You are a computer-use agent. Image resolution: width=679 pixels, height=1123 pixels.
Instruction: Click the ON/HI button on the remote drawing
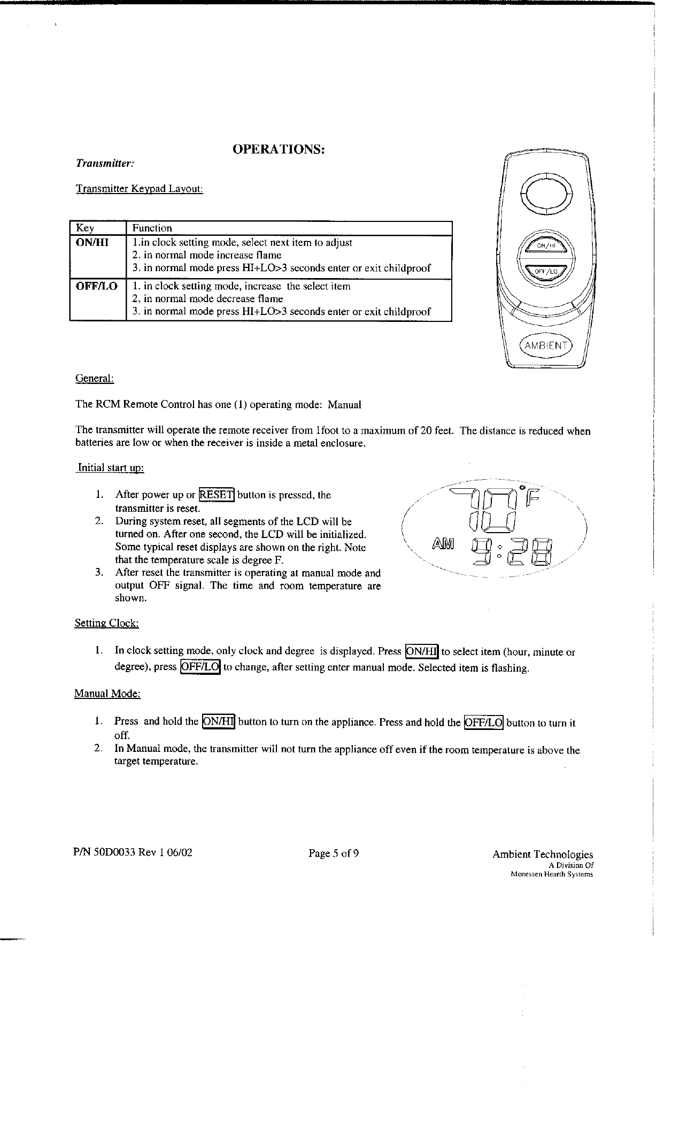pyautogui.click(x=546, y=245)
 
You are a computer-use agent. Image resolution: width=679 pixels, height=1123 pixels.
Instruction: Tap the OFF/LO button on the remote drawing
pyautogui.click(x=546, y=271)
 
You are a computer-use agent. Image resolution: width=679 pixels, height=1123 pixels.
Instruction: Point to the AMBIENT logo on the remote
pyautogui.click(x=546, y=345)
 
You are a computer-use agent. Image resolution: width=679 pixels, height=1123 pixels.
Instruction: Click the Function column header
pyautogui.click(x=152, y=228)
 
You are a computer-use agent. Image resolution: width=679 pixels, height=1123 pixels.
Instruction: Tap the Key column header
pyautogui.click(x=86, y=228)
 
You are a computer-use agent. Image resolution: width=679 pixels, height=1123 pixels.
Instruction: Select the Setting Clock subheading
pyautogui.click(x=107, y=623)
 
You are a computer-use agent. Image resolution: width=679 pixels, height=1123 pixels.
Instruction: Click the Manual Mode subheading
pyautogui.click(x=107, y=694)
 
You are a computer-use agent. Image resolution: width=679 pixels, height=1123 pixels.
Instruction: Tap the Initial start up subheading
pyautogui.click(x=111, y=468)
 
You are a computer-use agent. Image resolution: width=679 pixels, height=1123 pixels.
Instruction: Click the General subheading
pyautogui.click(x=95, y=379)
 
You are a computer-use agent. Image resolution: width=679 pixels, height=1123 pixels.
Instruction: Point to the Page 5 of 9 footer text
pyautogui.click(x=334, y=853)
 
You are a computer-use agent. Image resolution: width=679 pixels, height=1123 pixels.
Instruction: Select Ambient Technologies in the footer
pyautogui.click(x=543, y=855)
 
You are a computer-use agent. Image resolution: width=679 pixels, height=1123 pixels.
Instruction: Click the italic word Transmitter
pyautogui.click(x=104, y=163)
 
